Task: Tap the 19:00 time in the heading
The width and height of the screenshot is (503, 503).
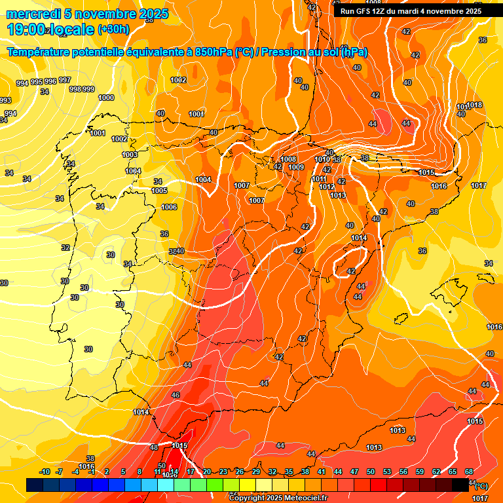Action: pyautogui.click(x=26, y=29)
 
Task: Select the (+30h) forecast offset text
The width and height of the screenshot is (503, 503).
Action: pyautogui.click(x=113, y=29)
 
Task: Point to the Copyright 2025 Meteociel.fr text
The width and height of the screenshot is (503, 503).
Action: pyautogui.click(x=278, y=498)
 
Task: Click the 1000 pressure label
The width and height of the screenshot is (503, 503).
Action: pyautogui.click(x=106, y=98)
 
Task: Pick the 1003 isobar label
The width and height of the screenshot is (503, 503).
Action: pyautogui.click(x=130, y=155)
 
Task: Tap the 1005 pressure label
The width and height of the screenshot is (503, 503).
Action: pyautogui.click(x=159, y=191)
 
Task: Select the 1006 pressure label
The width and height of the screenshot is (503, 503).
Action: pyautogui.click(x=169, y=207)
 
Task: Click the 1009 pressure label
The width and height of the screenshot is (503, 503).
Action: pyautogui.click(x=296, y=167)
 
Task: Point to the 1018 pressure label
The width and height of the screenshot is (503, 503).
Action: pyautogui.click(x=474, y=105)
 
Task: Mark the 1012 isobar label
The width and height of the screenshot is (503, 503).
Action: pyautogui.click(x=327, y=187)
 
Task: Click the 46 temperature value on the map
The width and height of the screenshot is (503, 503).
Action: pyautogui.click(x=176, y=395)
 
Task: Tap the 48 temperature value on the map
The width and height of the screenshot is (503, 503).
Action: pyautogui.click(x=154, y=447)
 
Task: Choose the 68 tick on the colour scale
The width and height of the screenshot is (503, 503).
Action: pyautogui.click(x=469, y=472)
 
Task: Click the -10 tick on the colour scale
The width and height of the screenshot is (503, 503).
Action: pyautogui.click(x=45, y=472)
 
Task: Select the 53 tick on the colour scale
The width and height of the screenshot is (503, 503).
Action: pyautogui.click(x=387, y=472)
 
